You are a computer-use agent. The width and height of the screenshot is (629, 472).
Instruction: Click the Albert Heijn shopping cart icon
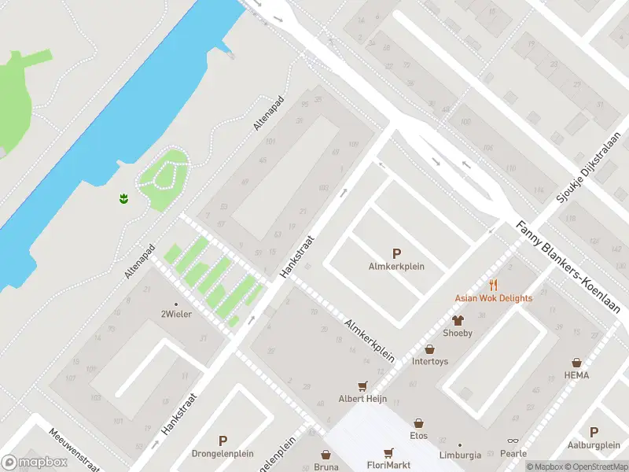362,385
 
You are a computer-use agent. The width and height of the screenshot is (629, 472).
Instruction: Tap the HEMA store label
576,375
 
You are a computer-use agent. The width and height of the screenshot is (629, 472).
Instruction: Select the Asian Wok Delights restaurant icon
493,285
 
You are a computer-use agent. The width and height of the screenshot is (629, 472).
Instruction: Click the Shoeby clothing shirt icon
457,319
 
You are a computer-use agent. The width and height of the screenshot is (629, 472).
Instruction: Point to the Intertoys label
430,362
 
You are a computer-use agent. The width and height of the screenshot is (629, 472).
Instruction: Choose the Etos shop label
418,434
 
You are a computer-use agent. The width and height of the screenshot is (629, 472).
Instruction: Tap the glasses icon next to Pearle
513,441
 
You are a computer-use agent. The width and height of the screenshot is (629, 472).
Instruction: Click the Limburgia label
460,455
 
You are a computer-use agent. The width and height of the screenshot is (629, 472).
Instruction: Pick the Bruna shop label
326,466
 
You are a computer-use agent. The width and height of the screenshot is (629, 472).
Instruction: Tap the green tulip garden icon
123,198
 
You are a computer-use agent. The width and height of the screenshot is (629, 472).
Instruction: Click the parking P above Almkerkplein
396,253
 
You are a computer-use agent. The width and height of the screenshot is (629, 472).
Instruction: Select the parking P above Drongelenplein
223,441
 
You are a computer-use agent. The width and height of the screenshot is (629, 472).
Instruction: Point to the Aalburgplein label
594,444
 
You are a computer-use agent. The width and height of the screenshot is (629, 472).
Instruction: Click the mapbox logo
34,462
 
